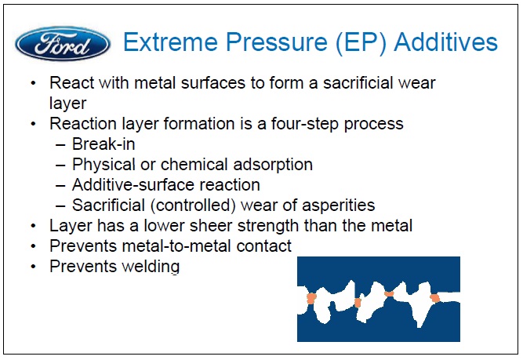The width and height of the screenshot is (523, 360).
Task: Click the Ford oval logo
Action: pyautogui.click(x=63, y=44)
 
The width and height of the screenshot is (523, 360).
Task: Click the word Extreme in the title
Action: pyautogui.click(x=171, y=42)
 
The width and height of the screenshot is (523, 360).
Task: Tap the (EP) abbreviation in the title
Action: pyautogui.click(x=361, y=42)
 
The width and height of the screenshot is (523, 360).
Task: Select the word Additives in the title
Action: pyautogui.click(x=445, y=42)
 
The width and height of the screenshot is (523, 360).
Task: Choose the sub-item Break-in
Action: pyautogui.click(x=104, y=144)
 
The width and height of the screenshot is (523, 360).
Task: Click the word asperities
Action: pyautogui.click(x=338, y=205)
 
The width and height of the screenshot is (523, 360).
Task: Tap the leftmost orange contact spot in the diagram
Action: pyautogui.click(x=311, y=298)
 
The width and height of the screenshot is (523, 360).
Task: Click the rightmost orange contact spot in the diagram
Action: pyautogui.click(x=435, y=297)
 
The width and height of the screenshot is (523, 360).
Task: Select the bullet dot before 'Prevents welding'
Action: pyautogui.click(x=33, y=267)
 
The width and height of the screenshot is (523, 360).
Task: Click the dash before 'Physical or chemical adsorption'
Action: pyautogui.click(x=60, y=165)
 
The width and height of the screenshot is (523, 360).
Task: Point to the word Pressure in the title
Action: pyautogui.click(x=277, y=42)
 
